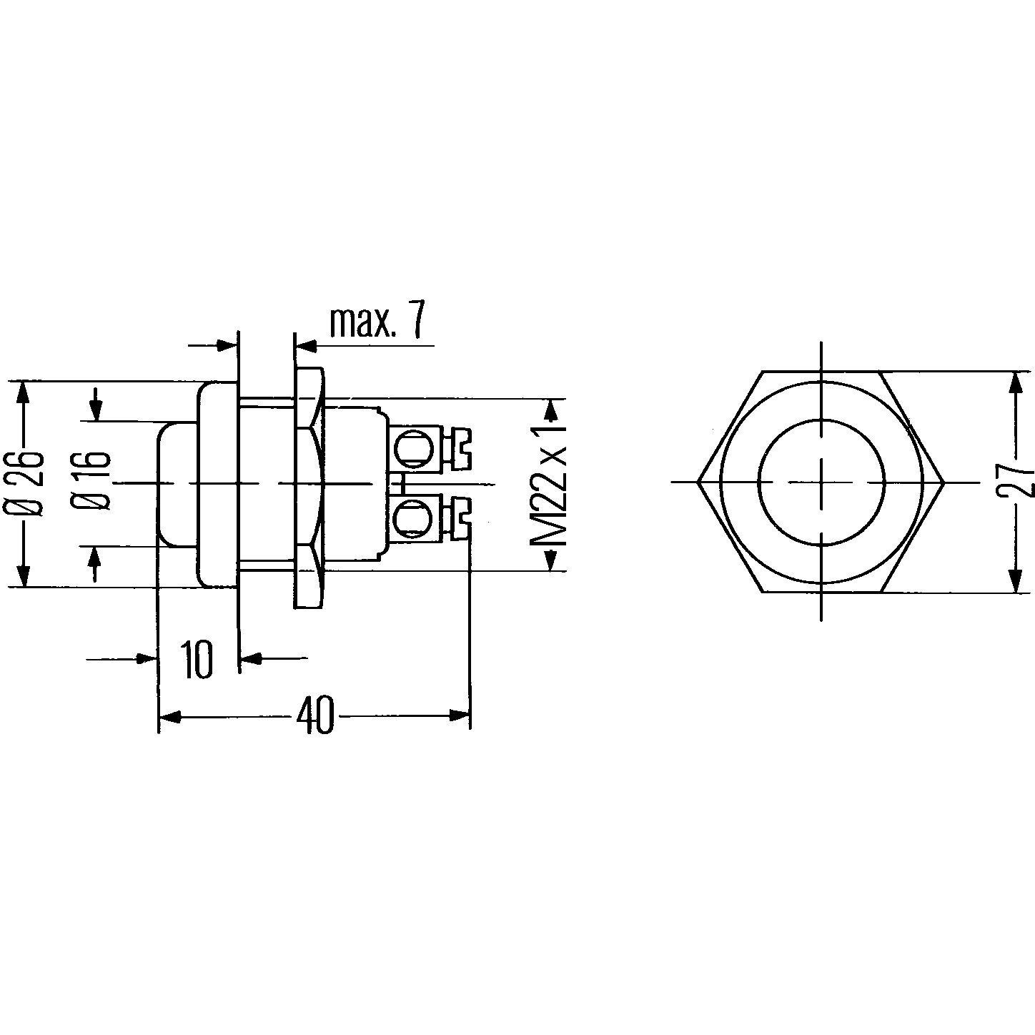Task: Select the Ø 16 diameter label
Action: pos(98,480)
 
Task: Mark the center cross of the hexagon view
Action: pos(821,482)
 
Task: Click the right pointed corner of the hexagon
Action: pos(944,482)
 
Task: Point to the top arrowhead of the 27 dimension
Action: pos(1014,383)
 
